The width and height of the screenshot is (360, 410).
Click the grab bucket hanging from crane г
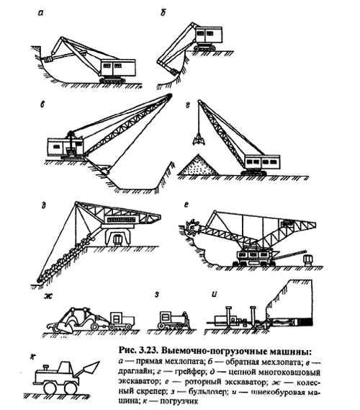pos(198,141)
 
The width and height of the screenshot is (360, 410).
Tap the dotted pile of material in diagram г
pos(198,166)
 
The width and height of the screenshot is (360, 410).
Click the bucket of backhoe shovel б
pos(174,71)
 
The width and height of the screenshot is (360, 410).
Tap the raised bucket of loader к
pos(89,368)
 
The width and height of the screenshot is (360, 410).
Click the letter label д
pos(43,205)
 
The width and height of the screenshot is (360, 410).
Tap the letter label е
pos(186,205)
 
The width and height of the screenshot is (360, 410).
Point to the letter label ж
pos(48,296)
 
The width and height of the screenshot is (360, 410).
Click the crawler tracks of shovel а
pos(112,80)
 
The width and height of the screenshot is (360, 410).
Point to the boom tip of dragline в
pos(169,97)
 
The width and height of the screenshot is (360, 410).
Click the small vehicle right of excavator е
pos(308,260)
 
